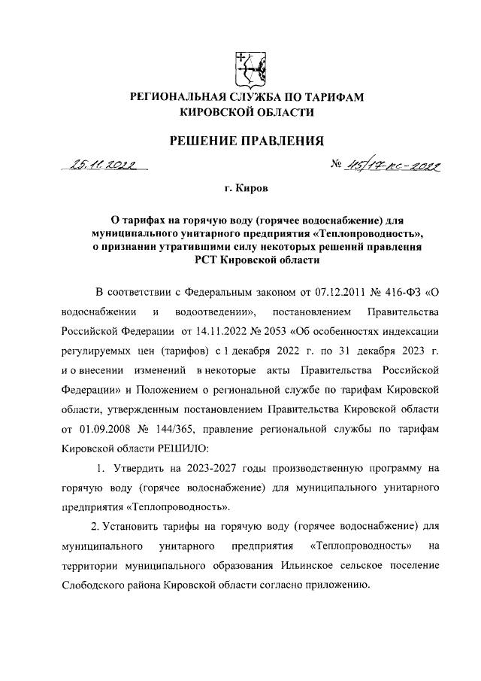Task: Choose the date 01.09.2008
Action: click(108, 428)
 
